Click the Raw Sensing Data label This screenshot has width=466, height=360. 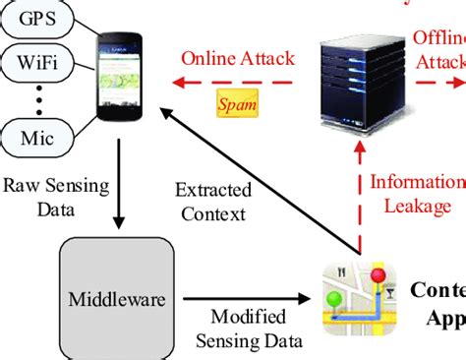42,196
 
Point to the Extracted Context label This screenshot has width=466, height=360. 212,201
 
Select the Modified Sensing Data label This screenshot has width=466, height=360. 248,327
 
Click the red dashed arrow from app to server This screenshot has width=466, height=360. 360,197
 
